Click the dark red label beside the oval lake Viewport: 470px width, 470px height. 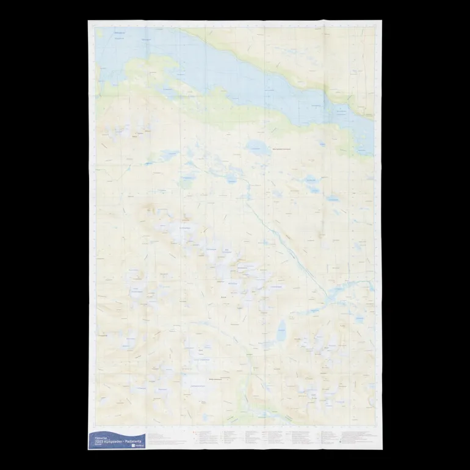pos(283,148)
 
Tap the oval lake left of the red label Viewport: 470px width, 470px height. pos(255,146)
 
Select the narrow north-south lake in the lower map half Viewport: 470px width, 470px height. pos(281,333)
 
